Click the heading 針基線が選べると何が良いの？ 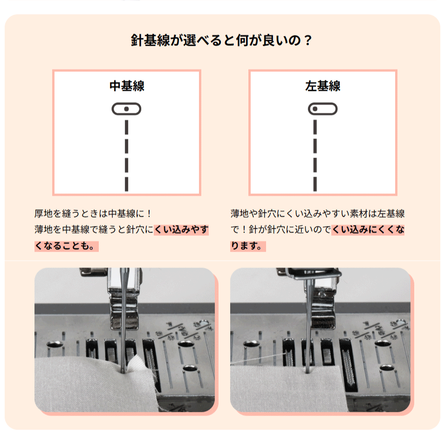click(221, 40)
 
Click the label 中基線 click(127, 86)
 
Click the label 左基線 click(322, 86)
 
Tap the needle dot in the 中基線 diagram click(126, 109)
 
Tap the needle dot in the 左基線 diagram click(315, 109)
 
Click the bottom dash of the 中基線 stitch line click(127, 184)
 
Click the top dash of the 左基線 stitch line click(315, 127)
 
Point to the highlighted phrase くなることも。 click(67, 246)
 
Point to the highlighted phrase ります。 click(248, 246)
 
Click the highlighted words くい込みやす click(181, 230)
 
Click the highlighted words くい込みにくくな click(368, 230)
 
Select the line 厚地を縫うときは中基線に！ click(93, 213)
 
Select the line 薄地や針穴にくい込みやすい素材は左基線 click(318, 213)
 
